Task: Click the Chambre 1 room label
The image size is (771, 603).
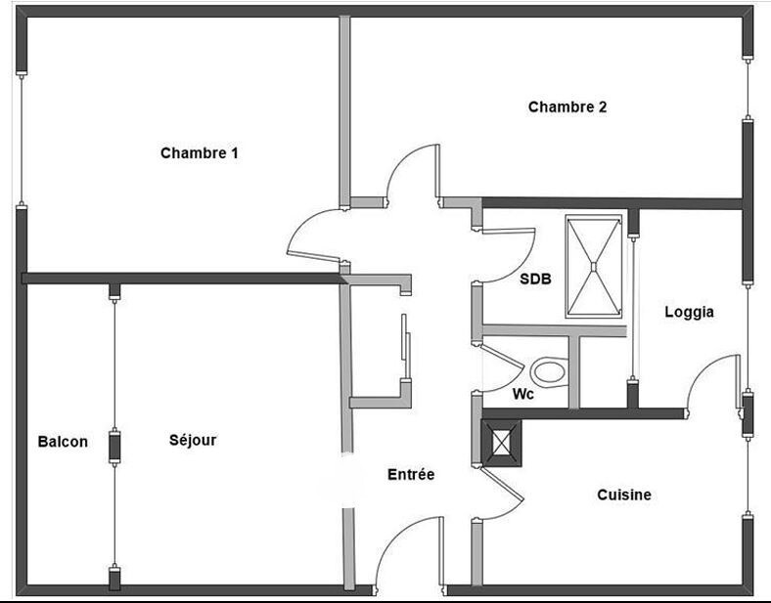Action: point(200,153)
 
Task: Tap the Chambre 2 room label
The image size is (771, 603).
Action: point(567,108)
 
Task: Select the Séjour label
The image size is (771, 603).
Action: point(193,441)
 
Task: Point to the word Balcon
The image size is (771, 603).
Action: point(63,442)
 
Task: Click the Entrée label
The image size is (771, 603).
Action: point(411,474)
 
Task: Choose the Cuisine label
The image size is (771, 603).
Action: point(624,495)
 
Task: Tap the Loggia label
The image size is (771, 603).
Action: point(689,313)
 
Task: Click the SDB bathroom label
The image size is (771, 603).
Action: point(535,279)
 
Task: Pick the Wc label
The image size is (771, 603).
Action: point(523,394)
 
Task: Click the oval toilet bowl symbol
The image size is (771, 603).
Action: point(549,372)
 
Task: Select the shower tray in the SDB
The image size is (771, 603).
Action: point(593,266)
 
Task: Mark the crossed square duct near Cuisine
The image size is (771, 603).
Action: point(503,442)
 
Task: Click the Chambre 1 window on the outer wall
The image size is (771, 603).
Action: point(21,139)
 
